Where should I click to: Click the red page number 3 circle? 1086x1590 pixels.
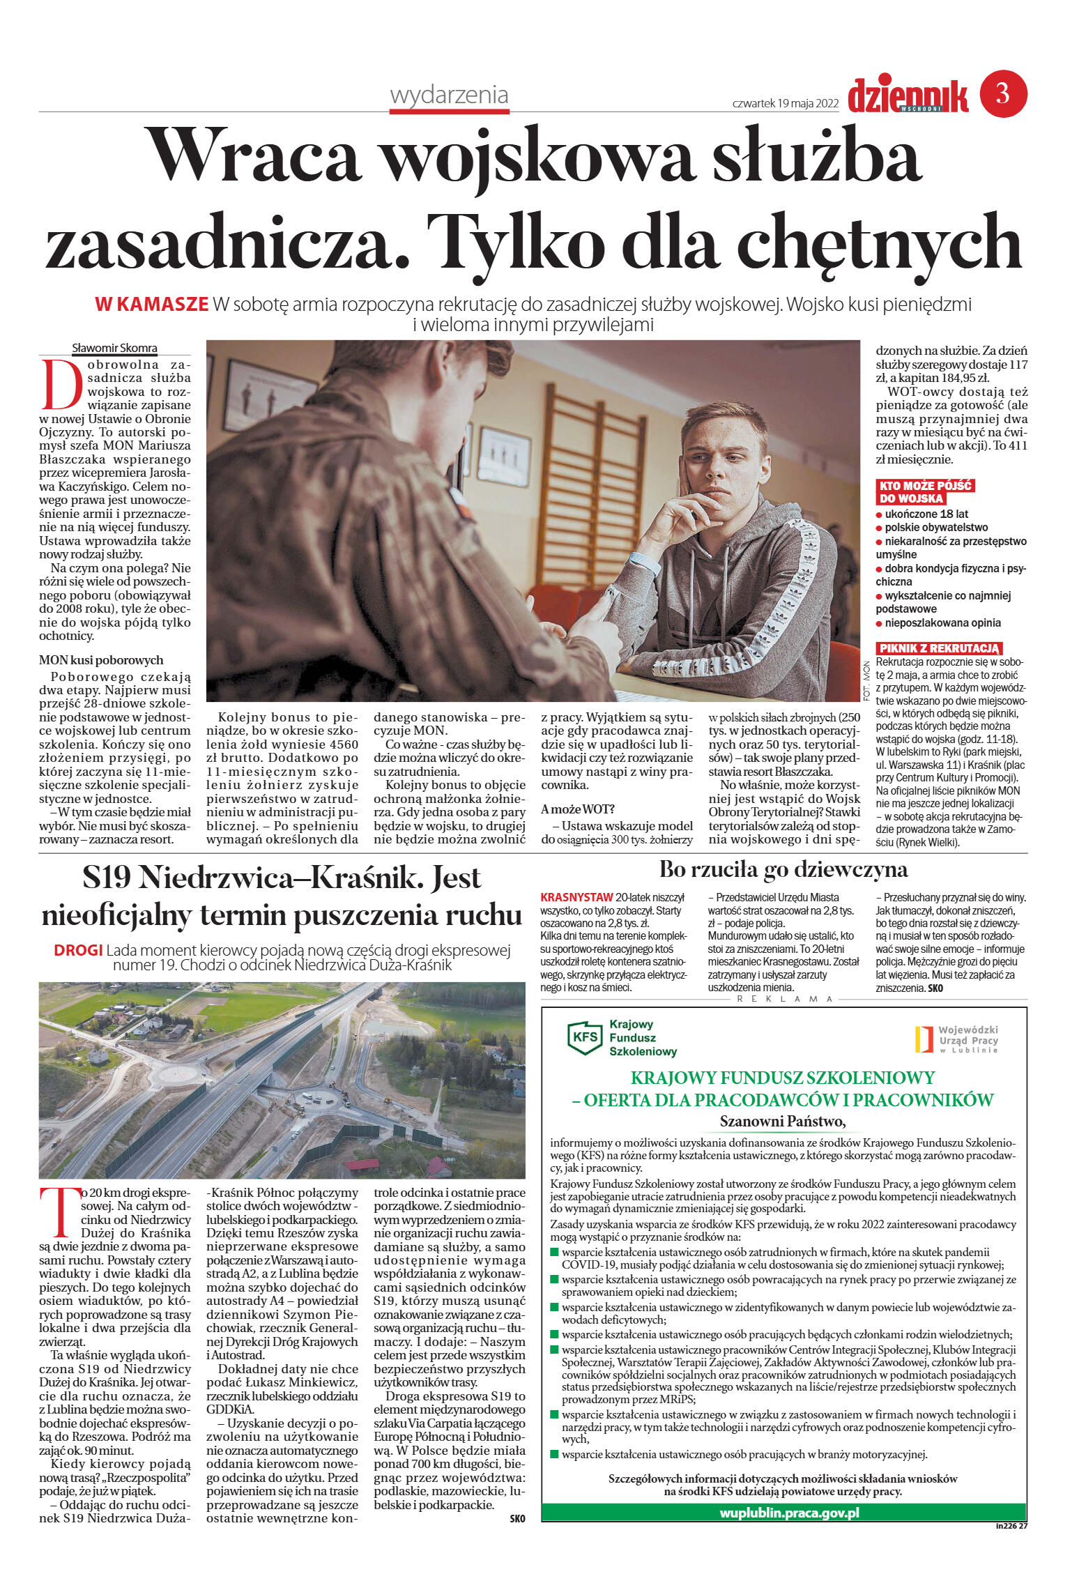tap(1003, 93)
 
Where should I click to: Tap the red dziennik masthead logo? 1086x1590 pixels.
tap(908, 95)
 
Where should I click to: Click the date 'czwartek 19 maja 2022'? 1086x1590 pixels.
tap(785, 103)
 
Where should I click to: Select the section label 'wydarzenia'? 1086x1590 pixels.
tap(449, 95)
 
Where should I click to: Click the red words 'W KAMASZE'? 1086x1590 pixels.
tap(152, 304)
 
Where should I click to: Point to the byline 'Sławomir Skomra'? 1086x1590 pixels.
tap(114, 348)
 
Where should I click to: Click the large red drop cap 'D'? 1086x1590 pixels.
tap(61, 384)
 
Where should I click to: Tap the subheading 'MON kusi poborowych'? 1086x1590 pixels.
tap(101, 659)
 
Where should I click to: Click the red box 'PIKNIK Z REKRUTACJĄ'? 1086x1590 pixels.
tap(939, 648)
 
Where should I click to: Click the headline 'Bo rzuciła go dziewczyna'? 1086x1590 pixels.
tap(783, 869)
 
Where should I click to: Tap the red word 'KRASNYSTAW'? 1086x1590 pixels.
tap(576, 897)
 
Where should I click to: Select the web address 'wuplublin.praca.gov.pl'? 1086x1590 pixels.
tap(789, 1513)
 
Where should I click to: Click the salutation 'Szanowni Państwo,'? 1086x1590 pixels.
tap(782, 1122)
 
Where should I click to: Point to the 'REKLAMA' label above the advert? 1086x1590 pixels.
tap(785, 999)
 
